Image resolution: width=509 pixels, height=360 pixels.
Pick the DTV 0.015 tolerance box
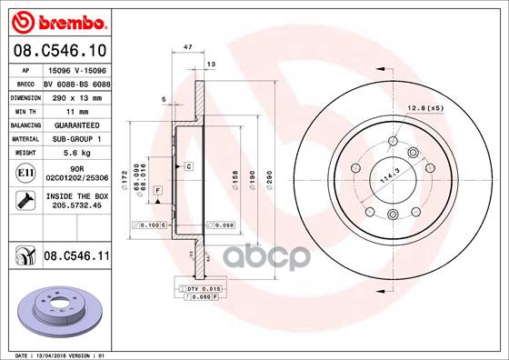(x=201, y=288)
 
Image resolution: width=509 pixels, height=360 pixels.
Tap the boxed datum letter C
(x=188, y=166)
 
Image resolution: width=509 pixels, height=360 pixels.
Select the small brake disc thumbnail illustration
(x=60, y=310)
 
